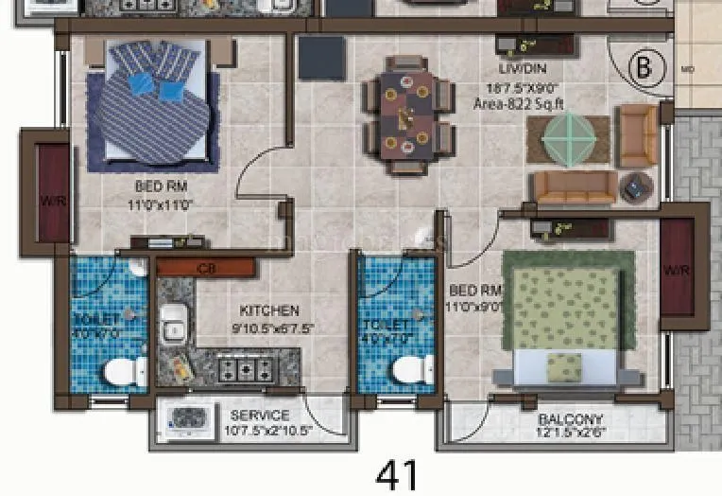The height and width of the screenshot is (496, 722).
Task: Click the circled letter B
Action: click(x=645, y=67)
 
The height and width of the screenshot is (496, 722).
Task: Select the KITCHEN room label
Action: click(x=269, y=310)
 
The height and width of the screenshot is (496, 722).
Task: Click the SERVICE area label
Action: click(x=260, y=415)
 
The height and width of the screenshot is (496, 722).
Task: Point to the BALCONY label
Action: click(x=570, y=419)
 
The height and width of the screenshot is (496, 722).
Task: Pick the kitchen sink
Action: click(x=174, y=328)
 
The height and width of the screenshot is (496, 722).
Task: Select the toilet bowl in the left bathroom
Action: click(x=119, y=371)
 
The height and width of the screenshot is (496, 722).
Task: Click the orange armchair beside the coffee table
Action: click(x=636, y=135)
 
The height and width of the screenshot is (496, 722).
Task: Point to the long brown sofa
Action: click(x=575, y=188)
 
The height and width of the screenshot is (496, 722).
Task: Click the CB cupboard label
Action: click(x=205, y=269)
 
